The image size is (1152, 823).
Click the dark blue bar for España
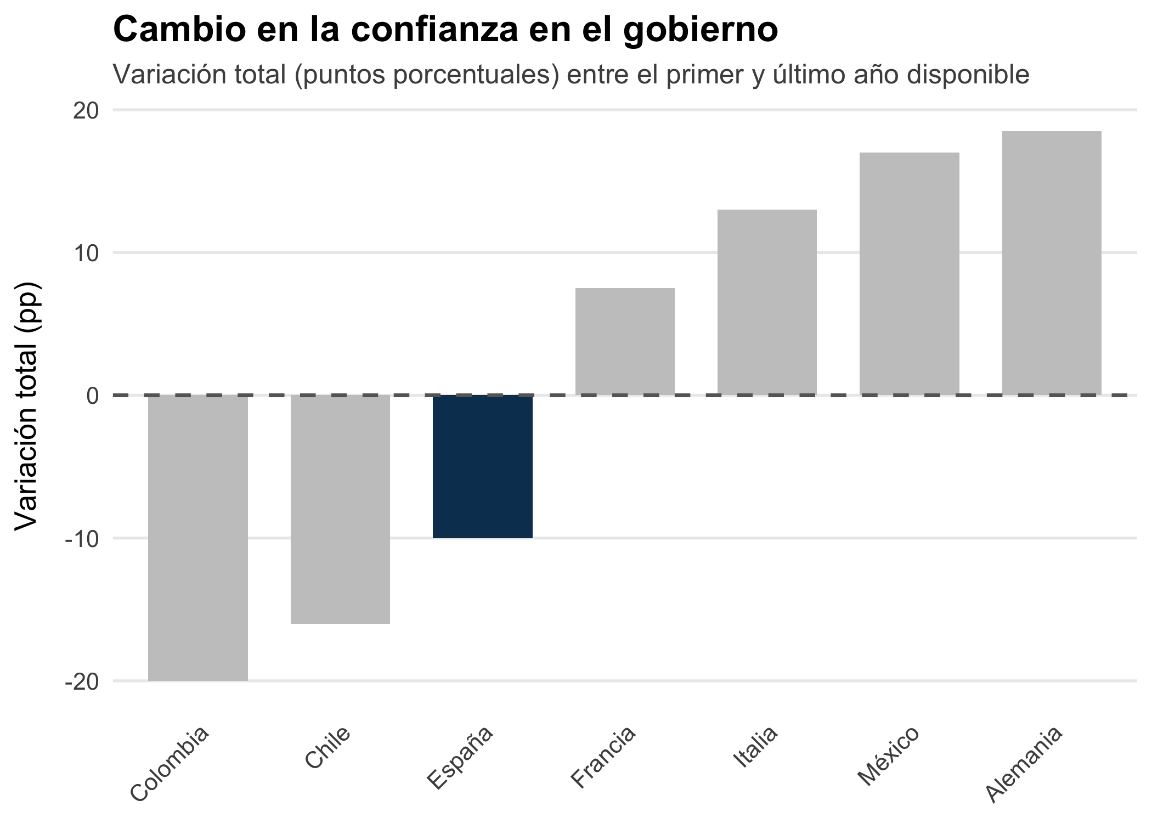pyautogui.click(x=482, y=466)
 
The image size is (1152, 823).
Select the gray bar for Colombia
pyautogui.click(x=197, y=538)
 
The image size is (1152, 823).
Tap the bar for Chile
pyautogui.click(x=340, y=509)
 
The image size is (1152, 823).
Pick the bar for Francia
pyautogui.click(x=625, y=341)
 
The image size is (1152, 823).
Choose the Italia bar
pyautogui.click(x=767, y=302)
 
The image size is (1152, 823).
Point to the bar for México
pyautogui.click(x=909, y=273)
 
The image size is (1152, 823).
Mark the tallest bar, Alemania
pyautogui.click(x=1052, y=262)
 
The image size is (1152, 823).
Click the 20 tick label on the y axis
pyautogui.click(x=86, y=111)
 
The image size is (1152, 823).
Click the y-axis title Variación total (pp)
pyautogui.click(x=26, y=406)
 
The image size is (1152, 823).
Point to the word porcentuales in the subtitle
pyautogui.click(x=475, y=75)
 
